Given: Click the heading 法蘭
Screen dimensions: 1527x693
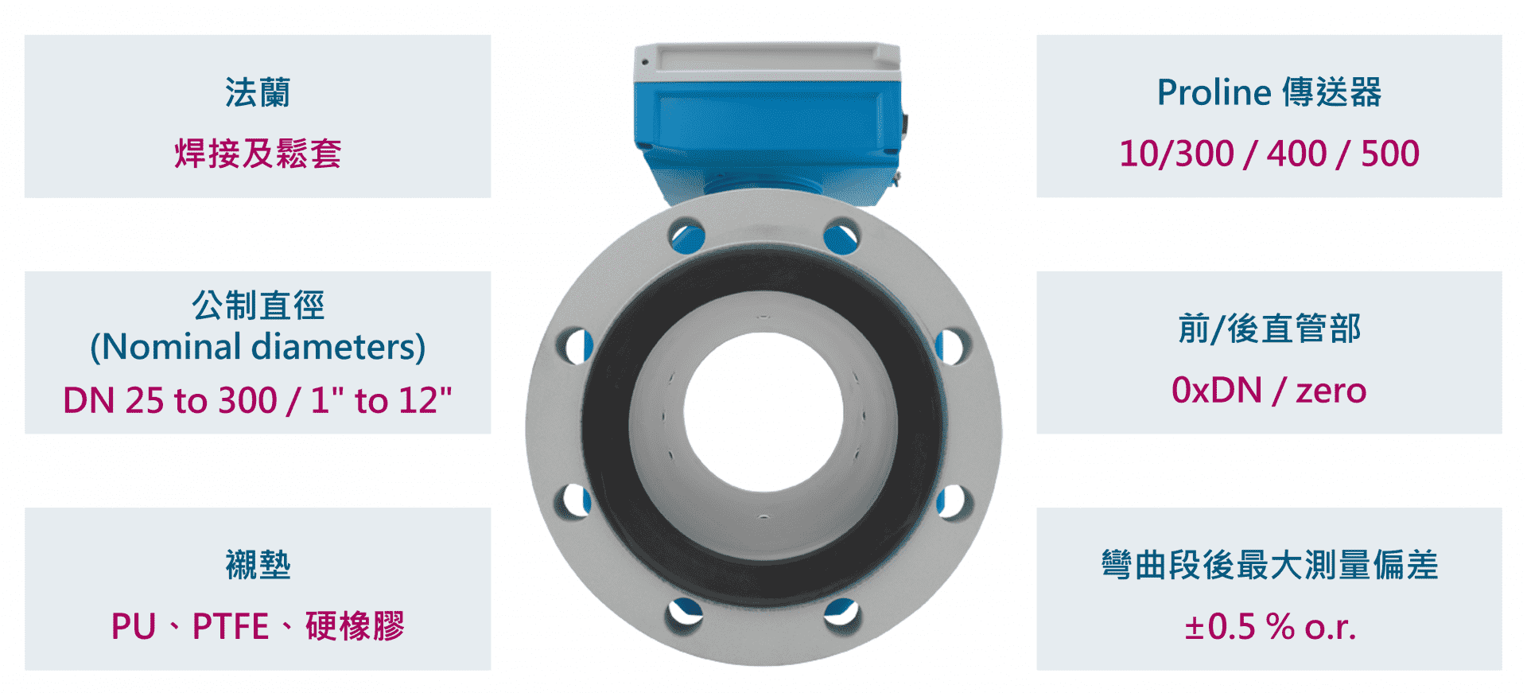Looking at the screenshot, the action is [258, 92].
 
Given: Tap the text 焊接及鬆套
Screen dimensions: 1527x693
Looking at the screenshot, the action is [258, 153].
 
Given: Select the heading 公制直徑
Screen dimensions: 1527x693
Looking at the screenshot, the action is [258, 305].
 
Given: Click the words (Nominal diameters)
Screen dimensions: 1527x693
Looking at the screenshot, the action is [258, 347].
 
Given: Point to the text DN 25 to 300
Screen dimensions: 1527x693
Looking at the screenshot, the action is [169, 400].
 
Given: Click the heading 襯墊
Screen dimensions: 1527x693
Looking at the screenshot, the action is [258, 564].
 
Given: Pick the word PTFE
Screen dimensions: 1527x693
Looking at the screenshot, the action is [231, 626].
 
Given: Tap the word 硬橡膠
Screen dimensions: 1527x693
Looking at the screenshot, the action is [355, 625].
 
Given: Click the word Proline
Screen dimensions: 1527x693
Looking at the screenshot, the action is [1214, 92].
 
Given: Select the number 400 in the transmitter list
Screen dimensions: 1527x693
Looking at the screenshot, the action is [1296, 154].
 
